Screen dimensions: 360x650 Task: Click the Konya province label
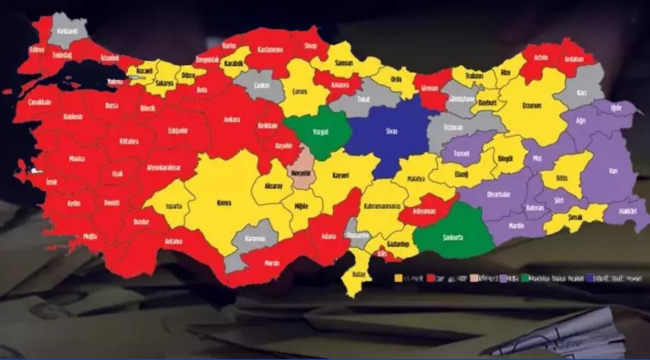(x=223, y=202)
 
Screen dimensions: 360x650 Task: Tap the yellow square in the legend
(x=399, y=278)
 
